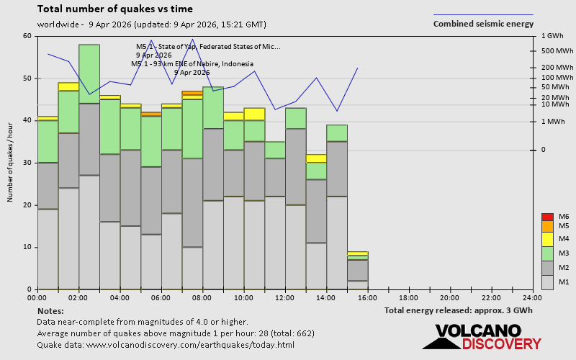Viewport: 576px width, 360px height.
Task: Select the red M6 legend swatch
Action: tap(546, 217)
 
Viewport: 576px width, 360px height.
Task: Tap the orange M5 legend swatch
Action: tap(546, 226)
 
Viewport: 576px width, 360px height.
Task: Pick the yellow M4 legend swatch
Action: tap(546, 239)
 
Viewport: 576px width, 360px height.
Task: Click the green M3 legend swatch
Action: tap(546, 253)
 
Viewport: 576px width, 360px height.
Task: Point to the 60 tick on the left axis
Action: tap(27, 36)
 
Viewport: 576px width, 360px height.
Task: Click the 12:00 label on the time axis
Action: tap(285, 297)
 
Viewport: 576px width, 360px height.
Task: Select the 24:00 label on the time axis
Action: tap(532, 297)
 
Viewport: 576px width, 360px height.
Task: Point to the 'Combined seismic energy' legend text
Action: tap(482, 24)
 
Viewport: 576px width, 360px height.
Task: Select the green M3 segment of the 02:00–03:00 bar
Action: tap(89, 73)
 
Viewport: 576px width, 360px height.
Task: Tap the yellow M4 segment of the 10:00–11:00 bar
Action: tap(254, 114)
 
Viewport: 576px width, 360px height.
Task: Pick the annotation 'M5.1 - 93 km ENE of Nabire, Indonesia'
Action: tap(192, 63)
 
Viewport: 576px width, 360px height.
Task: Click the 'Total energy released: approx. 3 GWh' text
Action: tap(459, 311)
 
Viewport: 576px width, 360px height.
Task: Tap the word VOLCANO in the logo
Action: tap(476, 331)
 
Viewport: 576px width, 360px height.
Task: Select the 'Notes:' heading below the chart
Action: tap(50, 311)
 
